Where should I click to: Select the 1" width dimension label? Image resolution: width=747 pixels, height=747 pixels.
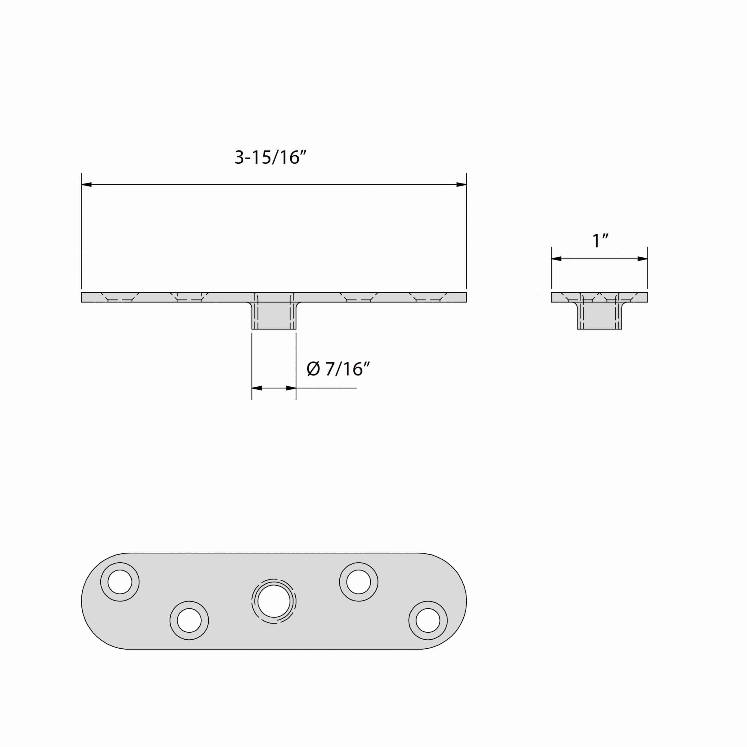(600, 241)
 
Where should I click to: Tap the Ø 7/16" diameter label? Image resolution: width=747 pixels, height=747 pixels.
(338, 369)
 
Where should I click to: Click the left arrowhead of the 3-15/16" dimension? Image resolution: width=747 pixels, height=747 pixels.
(87, 184)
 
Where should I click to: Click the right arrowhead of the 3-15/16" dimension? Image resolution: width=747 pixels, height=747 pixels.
(461, 184)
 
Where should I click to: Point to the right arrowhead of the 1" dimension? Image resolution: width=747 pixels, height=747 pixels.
(642, 259)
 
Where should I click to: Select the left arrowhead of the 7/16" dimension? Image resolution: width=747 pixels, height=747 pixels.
(257, 388)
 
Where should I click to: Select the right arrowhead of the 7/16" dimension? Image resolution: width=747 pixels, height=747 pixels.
(291, 388)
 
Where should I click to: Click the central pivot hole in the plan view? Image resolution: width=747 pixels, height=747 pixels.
(274, 601)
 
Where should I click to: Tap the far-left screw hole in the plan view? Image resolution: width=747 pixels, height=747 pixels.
(120, 582)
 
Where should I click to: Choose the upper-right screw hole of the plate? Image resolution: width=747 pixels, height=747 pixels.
(358, 582)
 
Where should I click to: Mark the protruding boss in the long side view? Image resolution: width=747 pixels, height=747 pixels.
(274, 315)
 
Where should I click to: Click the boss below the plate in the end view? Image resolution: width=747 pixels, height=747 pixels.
(599, 315)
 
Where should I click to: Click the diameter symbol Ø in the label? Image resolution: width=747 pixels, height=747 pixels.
(313, 369)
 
